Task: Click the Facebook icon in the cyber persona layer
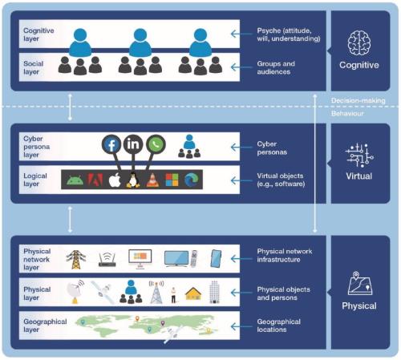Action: (x=111, y=145)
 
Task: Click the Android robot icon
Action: (x=75, y=180)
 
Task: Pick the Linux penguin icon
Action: (x=133, y=180)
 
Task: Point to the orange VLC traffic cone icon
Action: (x=152, y=180)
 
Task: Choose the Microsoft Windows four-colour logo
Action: (x=172, y=180)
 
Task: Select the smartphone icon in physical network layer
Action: (x=215, y=258)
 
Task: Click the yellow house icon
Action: (x=192, y=293)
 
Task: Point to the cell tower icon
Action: (x=156, y=293)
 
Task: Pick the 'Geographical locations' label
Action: (x=273, y=328)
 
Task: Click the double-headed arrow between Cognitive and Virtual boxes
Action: (x=71, y=107)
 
